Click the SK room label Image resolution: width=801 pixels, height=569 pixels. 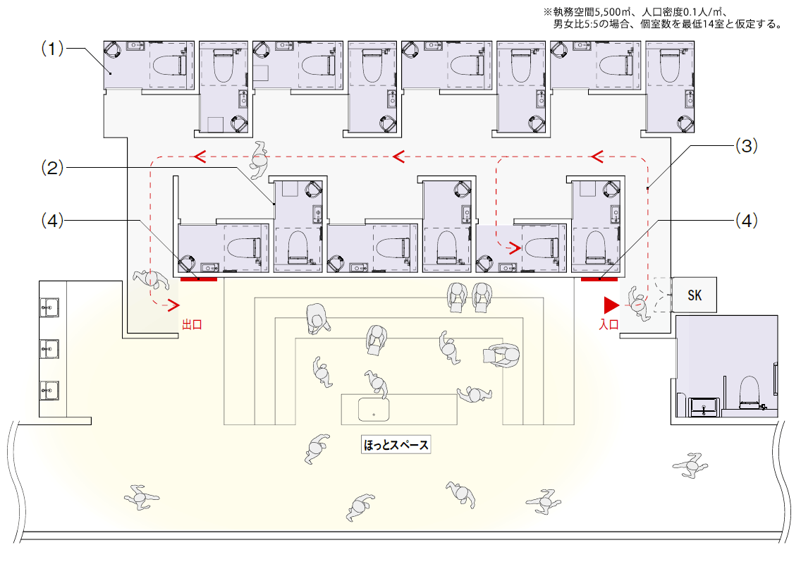(695, 295)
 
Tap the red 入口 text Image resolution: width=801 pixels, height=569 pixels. (609, 325)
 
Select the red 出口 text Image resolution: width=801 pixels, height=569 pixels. (192, 325)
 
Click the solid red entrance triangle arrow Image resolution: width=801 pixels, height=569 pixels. (610, 305)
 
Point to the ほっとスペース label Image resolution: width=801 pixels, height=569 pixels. (396, 445)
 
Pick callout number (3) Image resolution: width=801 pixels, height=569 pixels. (746, 146)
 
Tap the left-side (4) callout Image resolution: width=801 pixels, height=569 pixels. (52, 220)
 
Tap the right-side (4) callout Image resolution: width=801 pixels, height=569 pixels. (746, 220)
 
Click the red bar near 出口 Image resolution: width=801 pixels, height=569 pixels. (199, 279)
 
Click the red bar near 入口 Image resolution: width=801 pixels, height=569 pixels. (599, 279)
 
